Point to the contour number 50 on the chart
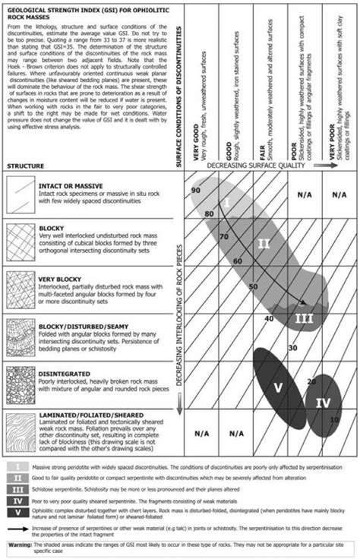[x=252, y=287]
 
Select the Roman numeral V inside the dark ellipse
[x=278, y=387]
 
